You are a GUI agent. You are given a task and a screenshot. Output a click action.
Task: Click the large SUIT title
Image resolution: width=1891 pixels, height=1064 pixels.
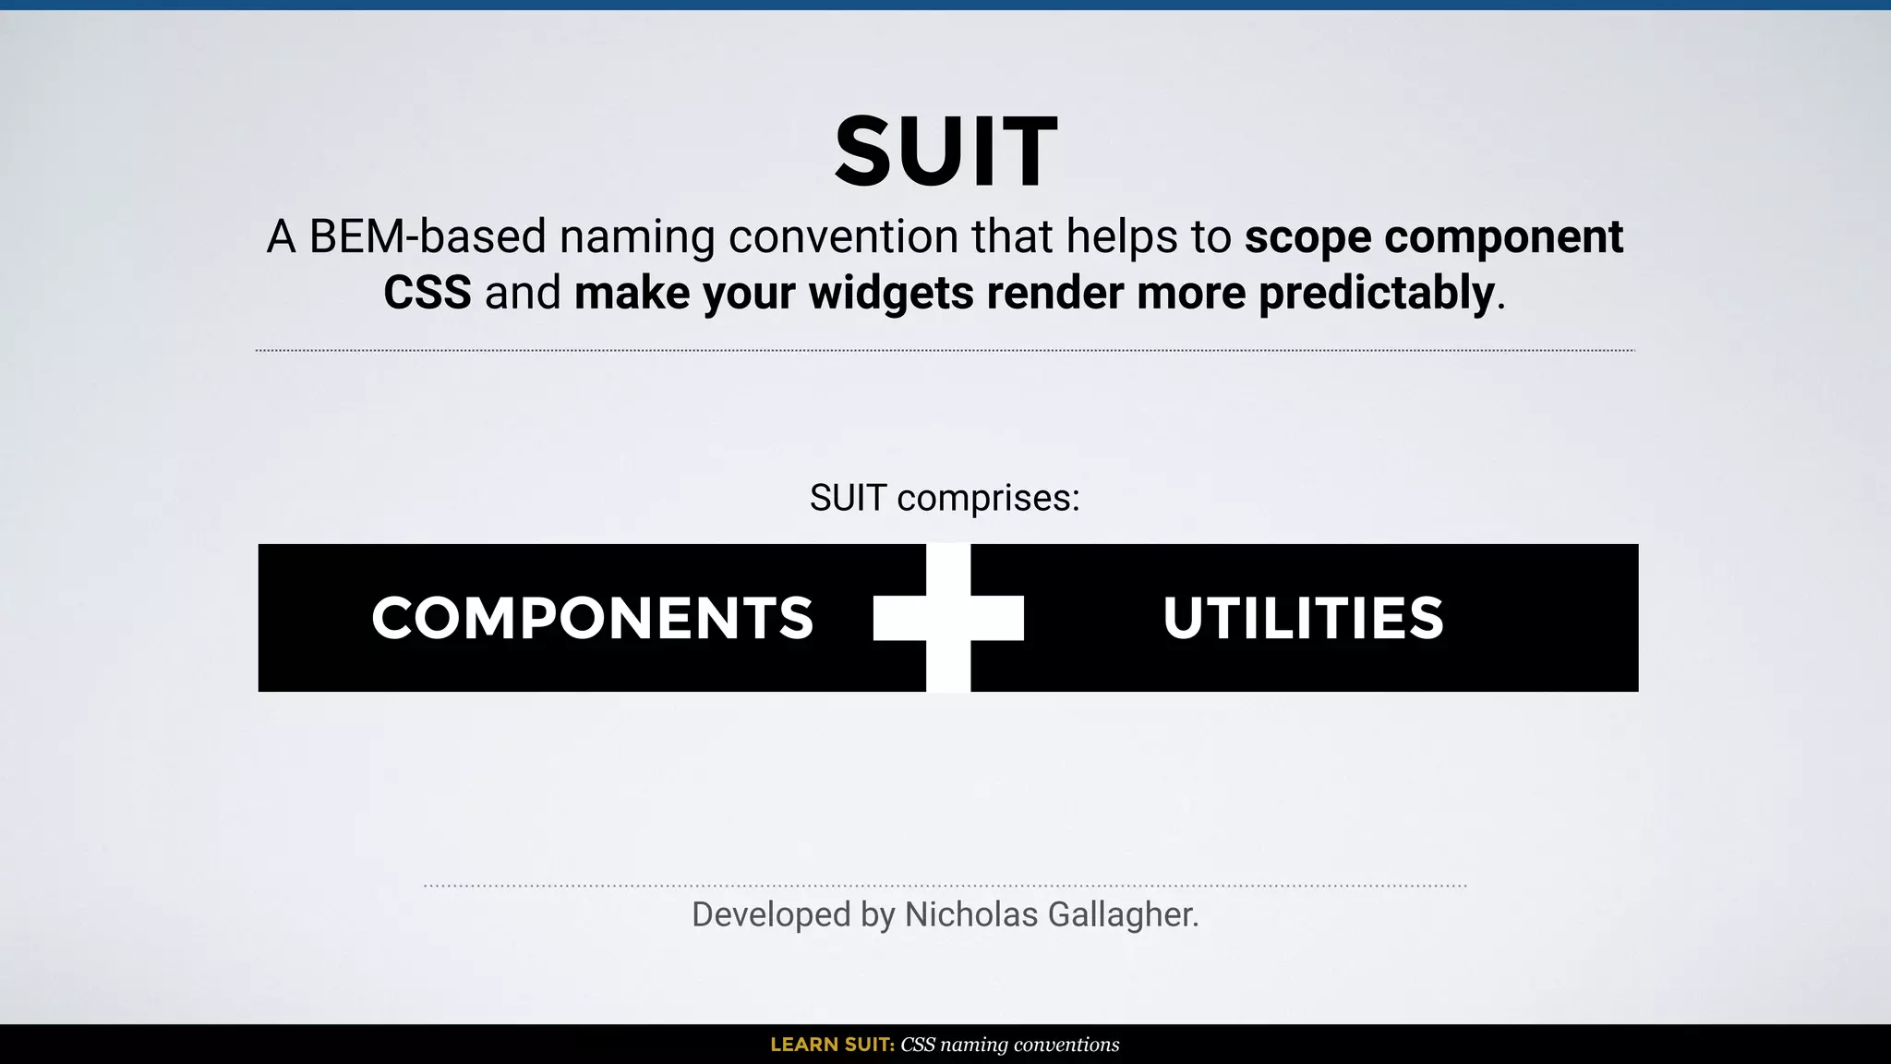[x=945, y=151]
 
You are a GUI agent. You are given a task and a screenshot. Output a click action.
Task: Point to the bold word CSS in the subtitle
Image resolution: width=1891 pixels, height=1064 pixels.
[x=427, y=294]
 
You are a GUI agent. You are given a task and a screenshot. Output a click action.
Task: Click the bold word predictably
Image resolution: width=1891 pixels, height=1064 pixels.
[x=1376, y=294]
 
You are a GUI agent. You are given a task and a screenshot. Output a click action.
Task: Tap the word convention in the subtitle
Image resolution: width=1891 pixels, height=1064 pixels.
[x=843, y=236]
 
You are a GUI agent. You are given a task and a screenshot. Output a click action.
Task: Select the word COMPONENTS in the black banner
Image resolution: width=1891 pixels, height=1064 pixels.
[x=592, y=618]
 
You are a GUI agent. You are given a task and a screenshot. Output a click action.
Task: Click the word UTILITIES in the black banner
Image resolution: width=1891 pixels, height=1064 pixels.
[x=1303, y=618]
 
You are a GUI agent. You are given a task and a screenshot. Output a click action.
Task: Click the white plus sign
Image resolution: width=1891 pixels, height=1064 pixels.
[x=948, y=618]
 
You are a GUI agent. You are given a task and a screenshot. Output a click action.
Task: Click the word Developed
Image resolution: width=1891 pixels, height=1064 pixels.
[x=771, y=915]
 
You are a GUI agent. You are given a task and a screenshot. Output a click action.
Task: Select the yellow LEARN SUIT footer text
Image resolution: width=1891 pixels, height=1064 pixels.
[x=832, y=1045]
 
